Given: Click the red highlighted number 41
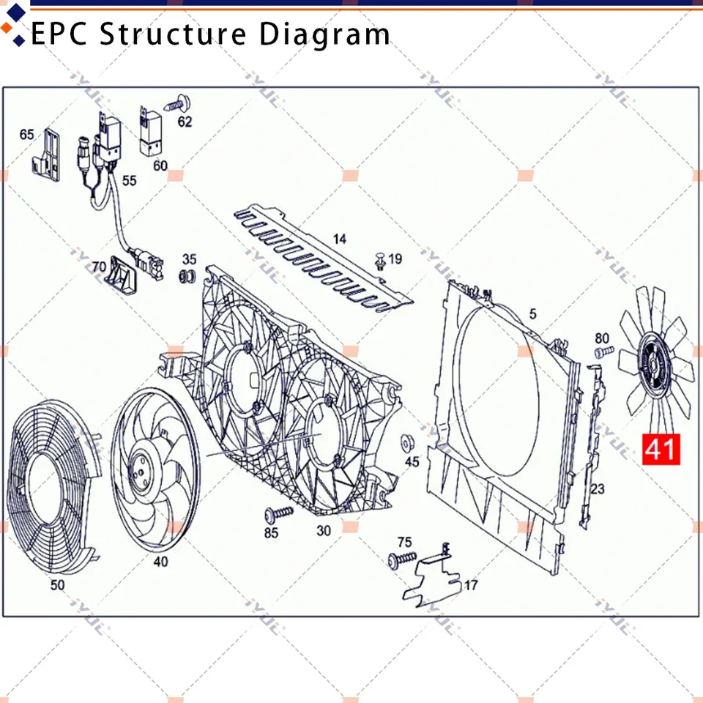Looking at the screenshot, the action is (661, 449).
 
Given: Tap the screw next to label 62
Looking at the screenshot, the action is (178, 105).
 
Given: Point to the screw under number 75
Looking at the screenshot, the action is (402, 560).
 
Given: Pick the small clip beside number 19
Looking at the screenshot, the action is (380, 261).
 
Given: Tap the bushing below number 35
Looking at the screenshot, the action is (187, 277).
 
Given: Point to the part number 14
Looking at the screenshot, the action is (340, 239).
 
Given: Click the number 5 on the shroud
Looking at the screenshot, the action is (532, 313).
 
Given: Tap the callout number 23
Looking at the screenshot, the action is (598, 488).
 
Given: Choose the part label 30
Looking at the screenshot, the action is (324, 531).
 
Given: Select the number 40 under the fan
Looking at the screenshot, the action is (160, 562).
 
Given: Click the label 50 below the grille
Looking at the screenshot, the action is (57, 584).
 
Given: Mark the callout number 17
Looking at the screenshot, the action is (471, 585).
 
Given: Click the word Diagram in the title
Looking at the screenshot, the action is (324, 34).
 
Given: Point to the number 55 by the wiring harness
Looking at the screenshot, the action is (129, 180).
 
